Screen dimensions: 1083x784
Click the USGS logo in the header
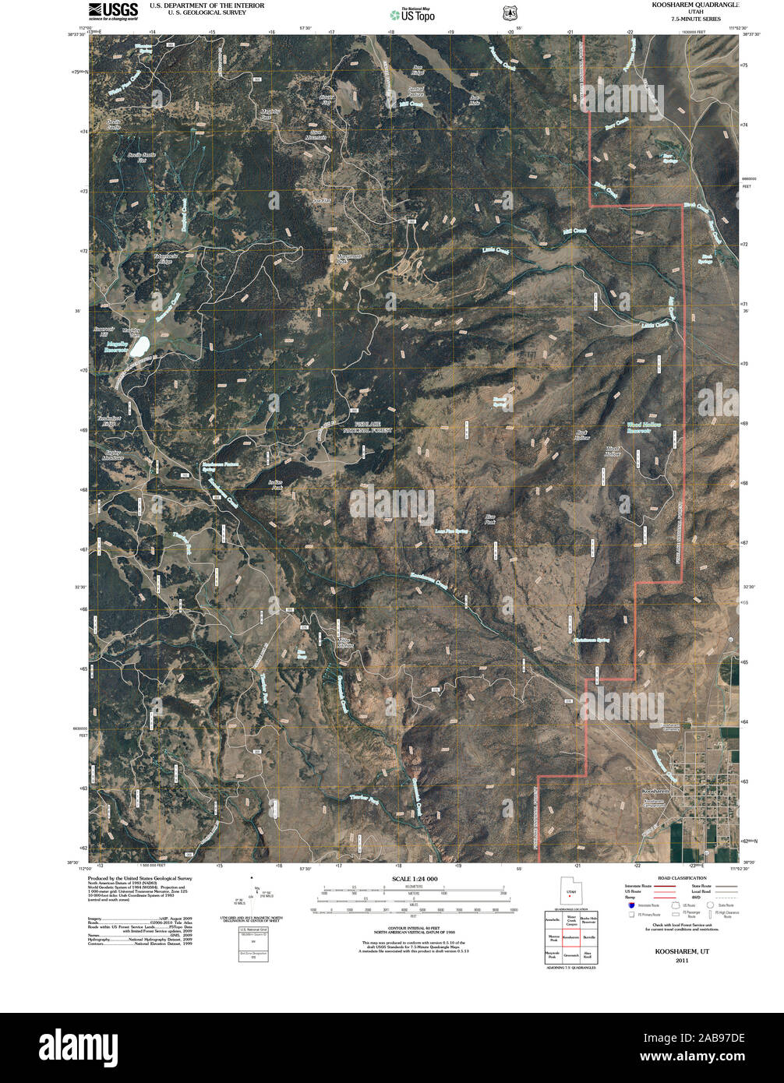coord(113,10)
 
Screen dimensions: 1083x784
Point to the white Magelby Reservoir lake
coord(140,346)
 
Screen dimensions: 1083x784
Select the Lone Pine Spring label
coord(451,531)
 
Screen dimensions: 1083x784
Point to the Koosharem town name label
coord(652,791)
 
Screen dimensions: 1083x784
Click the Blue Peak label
coord(490,518)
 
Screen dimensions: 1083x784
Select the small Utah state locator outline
coord(571,891)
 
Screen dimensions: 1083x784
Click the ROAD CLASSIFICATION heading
coord(682,878)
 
